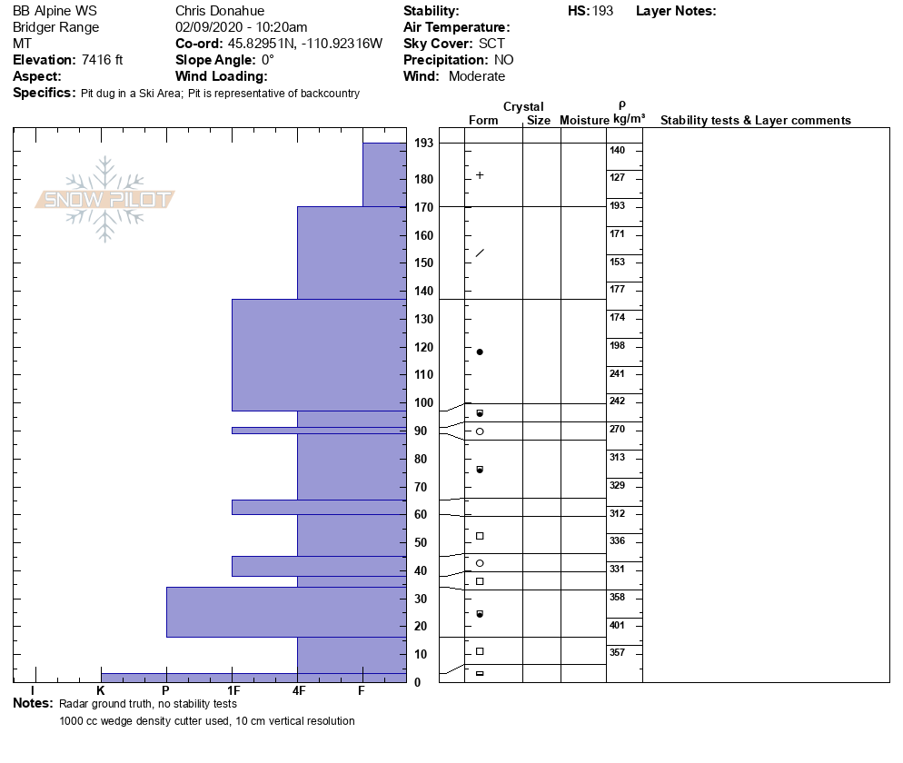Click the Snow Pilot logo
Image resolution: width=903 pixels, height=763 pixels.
coord(105,200)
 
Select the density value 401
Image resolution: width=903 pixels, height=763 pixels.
coord(618,625)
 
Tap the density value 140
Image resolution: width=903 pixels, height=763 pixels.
coord(618,150)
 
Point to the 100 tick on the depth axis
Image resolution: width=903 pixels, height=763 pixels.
coord(423,402)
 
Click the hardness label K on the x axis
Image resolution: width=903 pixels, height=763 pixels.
coord(101,691)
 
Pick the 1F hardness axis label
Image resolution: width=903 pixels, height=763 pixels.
coord(233,691)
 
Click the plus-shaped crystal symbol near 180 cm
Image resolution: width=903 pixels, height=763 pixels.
coord(480,174)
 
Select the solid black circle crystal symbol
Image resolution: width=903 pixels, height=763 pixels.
coord(480,352)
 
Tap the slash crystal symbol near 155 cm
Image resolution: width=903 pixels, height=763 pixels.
coord(480,253)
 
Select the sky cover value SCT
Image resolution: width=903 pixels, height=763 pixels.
coord(491,44)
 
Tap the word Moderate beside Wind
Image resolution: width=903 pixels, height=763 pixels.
coord(476,76)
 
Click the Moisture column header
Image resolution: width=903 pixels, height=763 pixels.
coord(583,121)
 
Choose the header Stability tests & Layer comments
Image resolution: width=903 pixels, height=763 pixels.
coord(755,121)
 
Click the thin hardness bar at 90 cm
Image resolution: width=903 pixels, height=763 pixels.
coord(318,431)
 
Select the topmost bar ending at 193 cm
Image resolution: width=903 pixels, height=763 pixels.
coord(384,174)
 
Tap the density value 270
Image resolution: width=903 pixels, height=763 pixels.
coord(618,429)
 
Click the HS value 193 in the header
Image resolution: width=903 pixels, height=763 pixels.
coord(603,11)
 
